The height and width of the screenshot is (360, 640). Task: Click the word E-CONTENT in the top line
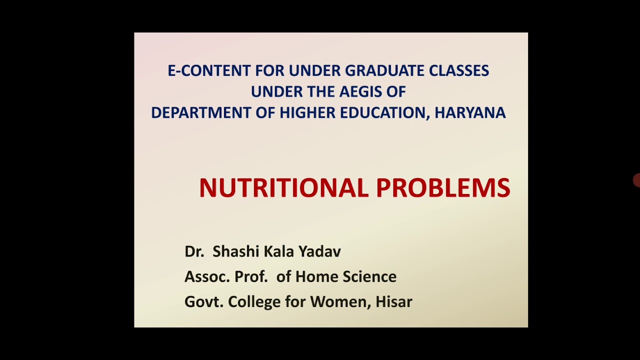209,70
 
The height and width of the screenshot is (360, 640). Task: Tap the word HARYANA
470,112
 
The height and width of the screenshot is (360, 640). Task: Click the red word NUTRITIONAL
283,187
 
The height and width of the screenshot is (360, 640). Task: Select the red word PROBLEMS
443,187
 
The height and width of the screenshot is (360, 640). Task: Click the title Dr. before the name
194,251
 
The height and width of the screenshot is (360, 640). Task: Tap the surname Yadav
319,251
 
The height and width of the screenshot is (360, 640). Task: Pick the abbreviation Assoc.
207,276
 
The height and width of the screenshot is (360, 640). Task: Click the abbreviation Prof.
251,276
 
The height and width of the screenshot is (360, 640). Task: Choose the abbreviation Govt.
204,301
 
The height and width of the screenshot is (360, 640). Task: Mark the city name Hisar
394,301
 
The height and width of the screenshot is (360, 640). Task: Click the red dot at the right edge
636,180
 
